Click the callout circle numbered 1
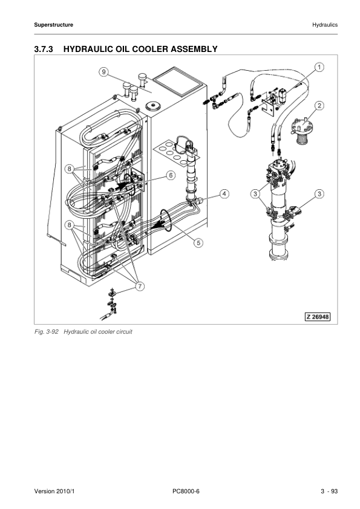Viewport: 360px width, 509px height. coord(319,67)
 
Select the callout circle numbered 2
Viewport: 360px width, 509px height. coord(319,105)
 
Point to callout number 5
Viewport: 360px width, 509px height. coord(197,243)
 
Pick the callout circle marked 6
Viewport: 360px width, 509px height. coord(171,175)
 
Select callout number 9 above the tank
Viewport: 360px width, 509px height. coord(104,72)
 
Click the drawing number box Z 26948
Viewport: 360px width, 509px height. coord(317,317)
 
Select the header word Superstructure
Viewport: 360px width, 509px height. coord(54,25)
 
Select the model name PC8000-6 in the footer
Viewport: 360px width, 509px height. coord(186,491)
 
